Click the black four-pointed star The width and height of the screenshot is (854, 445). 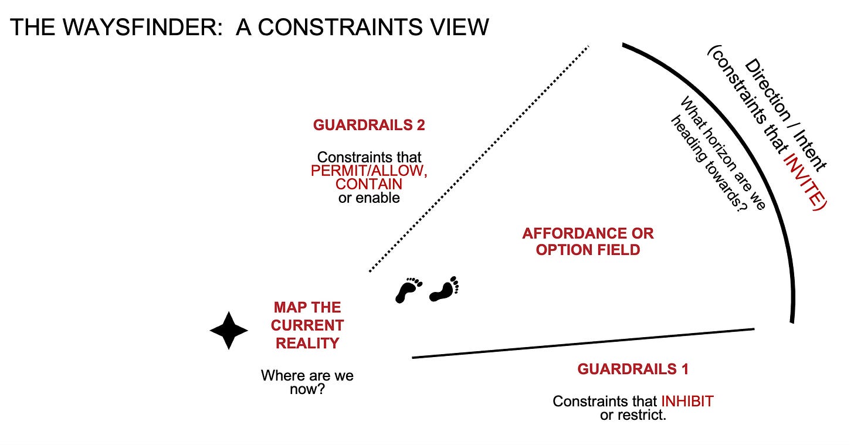[x=229, y=331]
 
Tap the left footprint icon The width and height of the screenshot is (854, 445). [x=409, y=290]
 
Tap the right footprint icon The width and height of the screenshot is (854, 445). [x=444, y=288]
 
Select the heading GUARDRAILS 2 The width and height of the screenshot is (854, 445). [x=369, y=125]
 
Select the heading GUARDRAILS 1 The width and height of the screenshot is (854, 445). [x=633, y=369]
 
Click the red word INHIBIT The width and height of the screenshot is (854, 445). [x=687, y=402]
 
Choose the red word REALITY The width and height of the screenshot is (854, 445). [x=307, y=343]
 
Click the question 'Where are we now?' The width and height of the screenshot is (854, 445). [x=307, y=382]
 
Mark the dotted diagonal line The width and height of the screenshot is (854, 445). [x=478, y=158]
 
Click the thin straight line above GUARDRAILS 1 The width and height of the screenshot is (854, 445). [x=583, y=343]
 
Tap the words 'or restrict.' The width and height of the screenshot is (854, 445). [x=633, y=416]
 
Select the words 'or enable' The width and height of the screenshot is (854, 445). [x=369, y=198]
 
